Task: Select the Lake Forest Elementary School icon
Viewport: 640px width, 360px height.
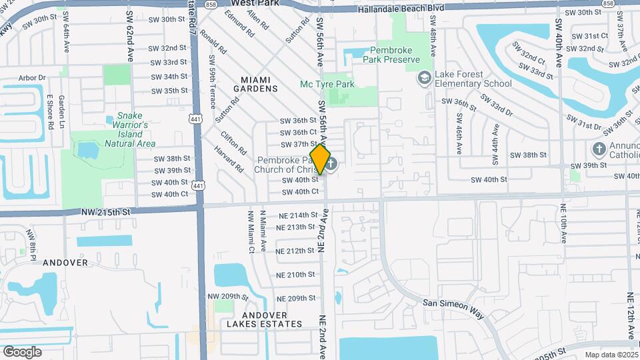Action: point(424,79)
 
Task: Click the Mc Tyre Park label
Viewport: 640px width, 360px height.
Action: point(327,84)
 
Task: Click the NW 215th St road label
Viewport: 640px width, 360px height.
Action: point(103,211)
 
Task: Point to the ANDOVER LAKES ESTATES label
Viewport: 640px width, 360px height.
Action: point(264,319)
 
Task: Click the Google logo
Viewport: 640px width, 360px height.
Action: point(22,351)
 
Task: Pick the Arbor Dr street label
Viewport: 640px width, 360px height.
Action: point(33,78)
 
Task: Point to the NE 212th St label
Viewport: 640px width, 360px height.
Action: point(295,251)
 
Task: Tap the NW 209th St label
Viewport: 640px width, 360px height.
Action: point(228,296)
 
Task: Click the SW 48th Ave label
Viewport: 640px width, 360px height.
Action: point(433,41)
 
